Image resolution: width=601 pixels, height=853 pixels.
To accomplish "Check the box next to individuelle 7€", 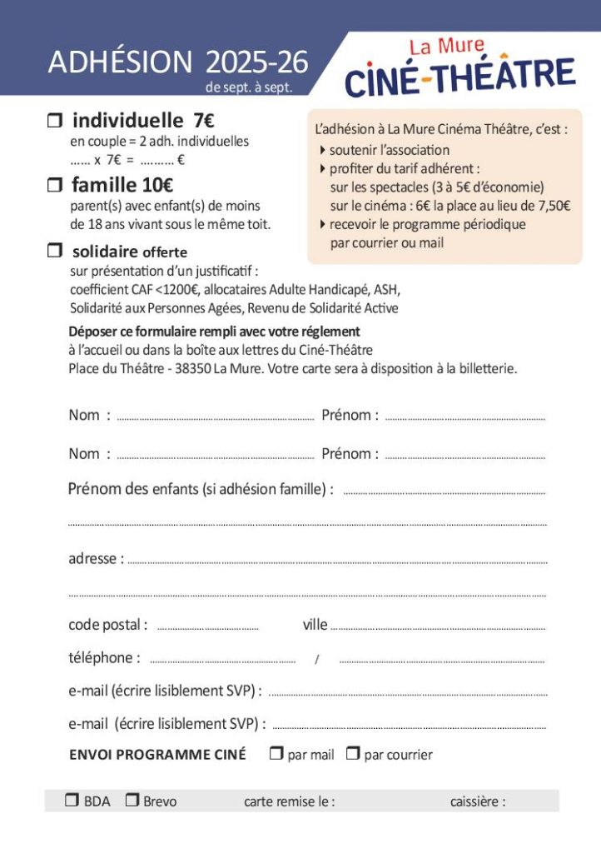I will (x=55, y=122).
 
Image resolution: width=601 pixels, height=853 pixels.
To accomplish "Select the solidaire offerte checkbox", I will (x=55, y=250).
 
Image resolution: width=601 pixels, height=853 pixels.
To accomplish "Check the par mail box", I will (x=277, y=754).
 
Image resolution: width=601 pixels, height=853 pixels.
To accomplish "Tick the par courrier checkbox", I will (x=353, y=754).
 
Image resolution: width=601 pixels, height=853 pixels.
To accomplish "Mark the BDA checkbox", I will (x=72, y=801).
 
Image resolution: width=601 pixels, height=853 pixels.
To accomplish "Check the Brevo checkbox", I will (x=132, y=801).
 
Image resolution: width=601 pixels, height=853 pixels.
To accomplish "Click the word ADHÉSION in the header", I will (x=120, y=62).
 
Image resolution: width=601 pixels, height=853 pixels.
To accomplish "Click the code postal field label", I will (x=107, y=625).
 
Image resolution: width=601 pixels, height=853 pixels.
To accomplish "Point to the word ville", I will (x=315, y=625).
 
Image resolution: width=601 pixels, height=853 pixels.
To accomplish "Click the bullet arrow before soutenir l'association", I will (x=323, y=150).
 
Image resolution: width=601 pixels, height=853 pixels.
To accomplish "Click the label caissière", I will (x=478, y=801).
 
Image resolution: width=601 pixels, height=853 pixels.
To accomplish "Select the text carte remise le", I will (x=289, y=801).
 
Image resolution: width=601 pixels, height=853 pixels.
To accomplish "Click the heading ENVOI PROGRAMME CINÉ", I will (x=157, y=755).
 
